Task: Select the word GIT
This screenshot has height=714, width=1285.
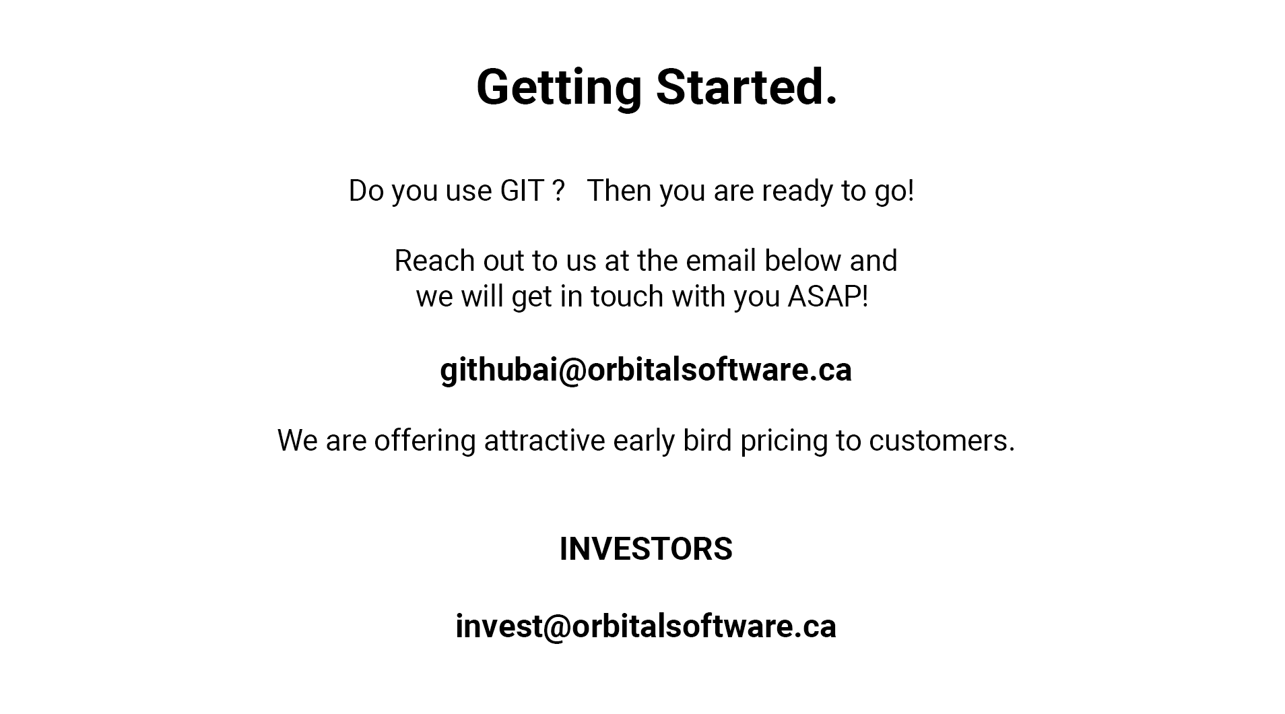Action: pyautogui.click(x=522, y=191)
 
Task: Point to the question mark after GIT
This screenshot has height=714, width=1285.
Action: pyautogui.click(x=558, y=191)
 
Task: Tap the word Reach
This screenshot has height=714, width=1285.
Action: pyautogui.click(x=434, y=261)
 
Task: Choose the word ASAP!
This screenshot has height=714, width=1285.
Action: pyautogui.click(x=828, y=296)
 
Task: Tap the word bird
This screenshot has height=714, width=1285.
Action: pyautogui.click(x=707, y=441)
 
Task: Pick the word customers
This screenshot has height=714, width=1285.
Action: pyautogui.click(x=942, y=441)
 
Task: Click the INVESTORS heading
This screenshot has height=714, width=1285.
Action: pyautogui.click(x=646, y=549)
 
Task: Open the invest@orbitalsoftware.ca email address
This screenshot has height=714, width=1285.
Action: pyautogui.click(x=646, y=627)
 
